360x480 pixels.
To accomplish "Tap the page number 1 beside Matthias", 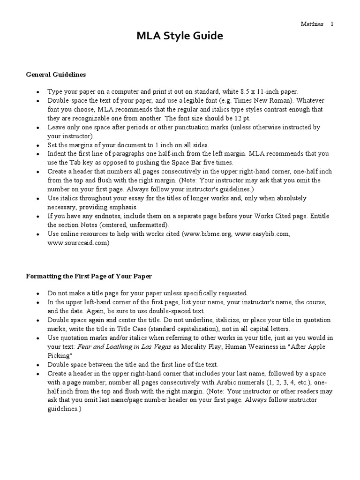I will point(332,24).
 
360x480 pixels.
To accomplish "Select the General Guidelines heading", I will point(56,75).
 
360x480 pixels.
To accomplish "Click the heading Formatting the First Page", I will point(89,276).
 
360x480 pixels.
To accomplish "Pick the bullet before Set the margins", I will point(38,145).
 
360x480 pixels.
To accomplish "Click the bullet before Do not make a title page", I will point(38,293).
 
